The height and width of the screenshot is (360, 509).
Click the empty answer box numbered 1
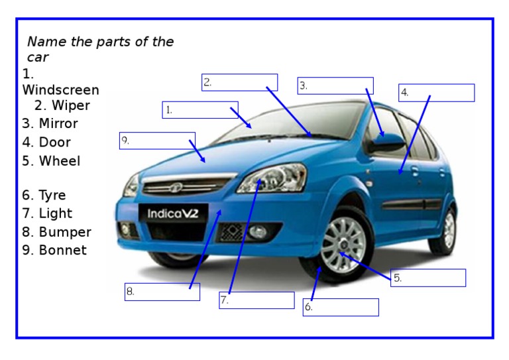pos(200,110)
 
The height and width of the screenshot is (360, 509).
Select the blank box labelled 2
pos(239,83)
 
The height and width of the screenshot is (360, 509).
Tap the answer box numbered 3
pos(335,86)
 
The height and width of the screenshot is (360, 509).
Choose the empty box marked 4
pos(436,93)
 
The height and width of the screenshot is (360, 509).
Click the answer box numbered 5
pos(428,278)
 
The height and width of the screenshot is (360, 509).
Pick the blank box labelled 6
pos(341,307)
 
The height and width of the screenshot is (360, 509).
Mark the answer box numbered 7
pos(256,300)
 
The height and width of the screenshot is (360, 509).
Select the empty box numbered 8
pos(162,292)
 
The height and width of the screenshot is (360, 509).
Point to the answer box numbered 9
pos(157,141)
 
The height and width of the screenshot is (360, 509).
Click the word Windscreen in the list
pos(60,90)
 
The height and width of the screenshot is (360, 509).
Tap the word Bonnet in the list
pos(62,251)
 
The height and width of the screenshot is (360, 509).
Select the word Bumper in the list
pos(65,232)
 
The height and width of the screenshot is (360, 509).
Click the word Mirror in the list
pos(58,123)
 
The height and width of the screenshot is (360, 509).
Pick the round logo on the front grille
pos(177,187)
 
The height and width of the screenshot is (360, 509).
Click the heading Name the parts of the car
pos(100,49)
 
